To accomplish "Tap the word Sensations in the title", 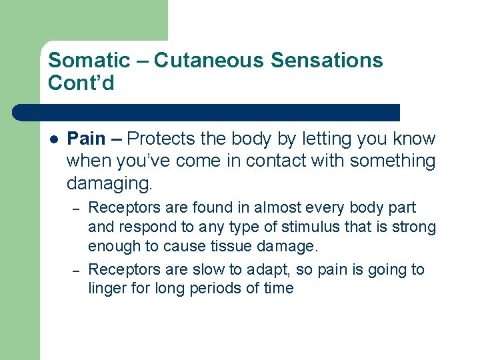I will click(327, 60).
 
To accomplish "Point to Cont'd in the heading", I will click(81, 83).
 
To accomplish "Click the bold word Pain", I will click(87, 139).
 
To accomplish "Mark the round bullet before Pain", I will click(54, 139).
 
